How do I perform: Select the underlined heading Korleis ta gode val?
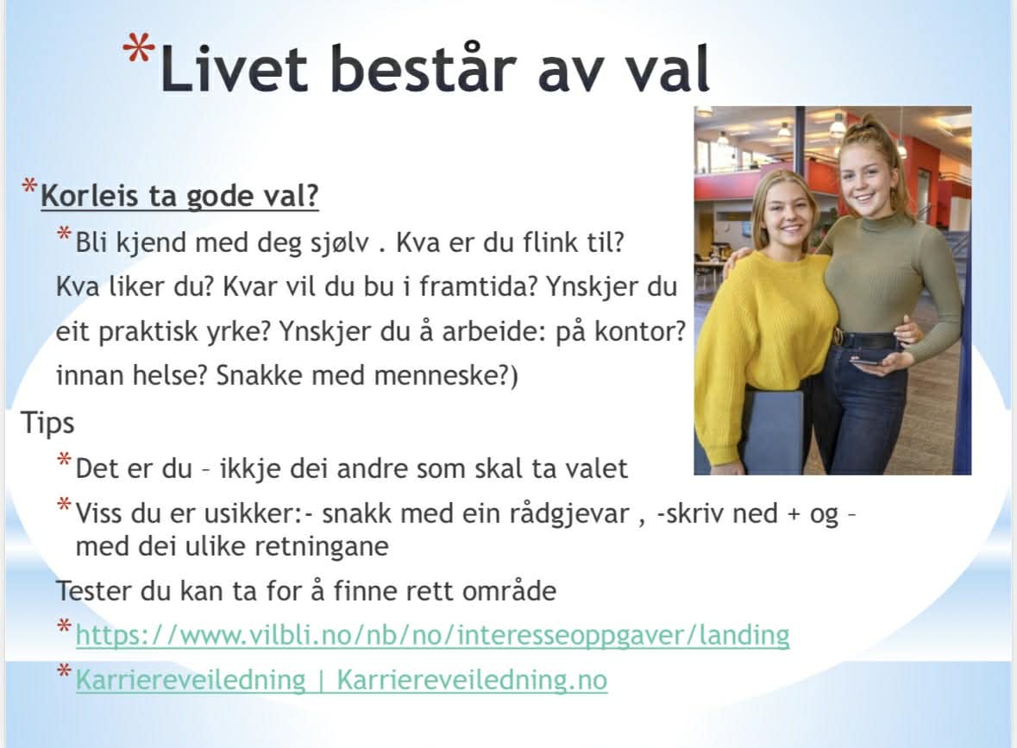[179, 196]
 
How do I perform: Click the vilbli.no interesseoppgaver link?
[433, 634]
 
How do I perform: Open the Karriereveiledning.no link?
[342, 680]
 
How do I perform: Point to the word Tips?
[47, 423]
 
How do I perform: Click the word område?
[509, 591]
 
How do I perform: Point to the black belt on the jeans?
[866, 340]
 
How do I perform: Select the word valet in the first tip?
[596, 468]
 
